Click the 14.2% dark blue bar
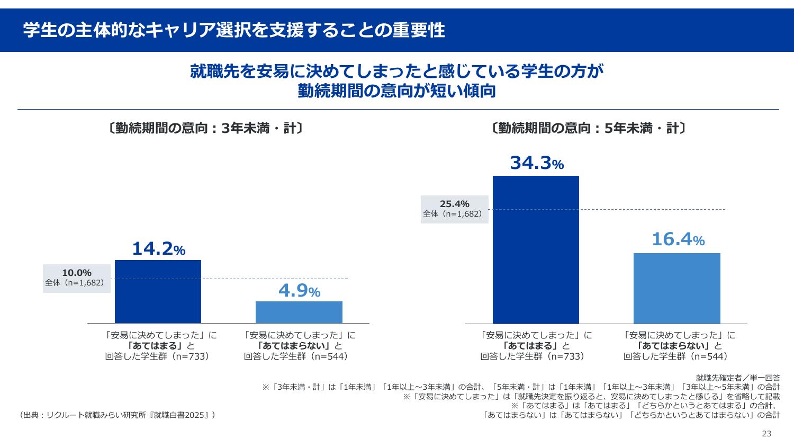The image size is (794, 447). tap(158, 291)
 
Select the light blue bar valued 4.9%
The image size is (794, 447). tap(299, 312)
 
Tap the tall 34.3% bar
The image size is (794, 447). tap(536, 249)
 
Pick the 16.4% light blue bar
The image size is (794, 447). tap(676, 288)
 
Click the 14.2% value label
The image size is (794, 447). tap(158, 249)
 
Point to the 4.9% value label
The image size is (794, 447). tap(299, 291)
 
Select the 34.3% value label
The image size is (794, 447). tap(536, 164)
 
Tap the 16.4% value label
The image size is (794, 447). tap(678, 240)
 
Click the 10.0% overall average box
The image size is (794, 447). tap(77, 278)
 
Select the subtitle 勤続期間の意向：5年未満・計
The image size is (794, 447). tap(588, 129)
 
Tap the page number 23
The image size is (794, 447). tap(766, 434)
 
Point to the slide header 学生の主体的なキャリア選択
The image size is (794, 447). tap(233, 30)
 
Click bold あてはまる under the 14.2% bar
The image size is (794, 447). tap(158, 346)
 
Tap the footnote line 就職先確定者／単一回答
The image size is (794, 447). tap(737, 378)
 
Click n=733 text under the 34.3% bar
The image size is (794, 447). tap(566, 356)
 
